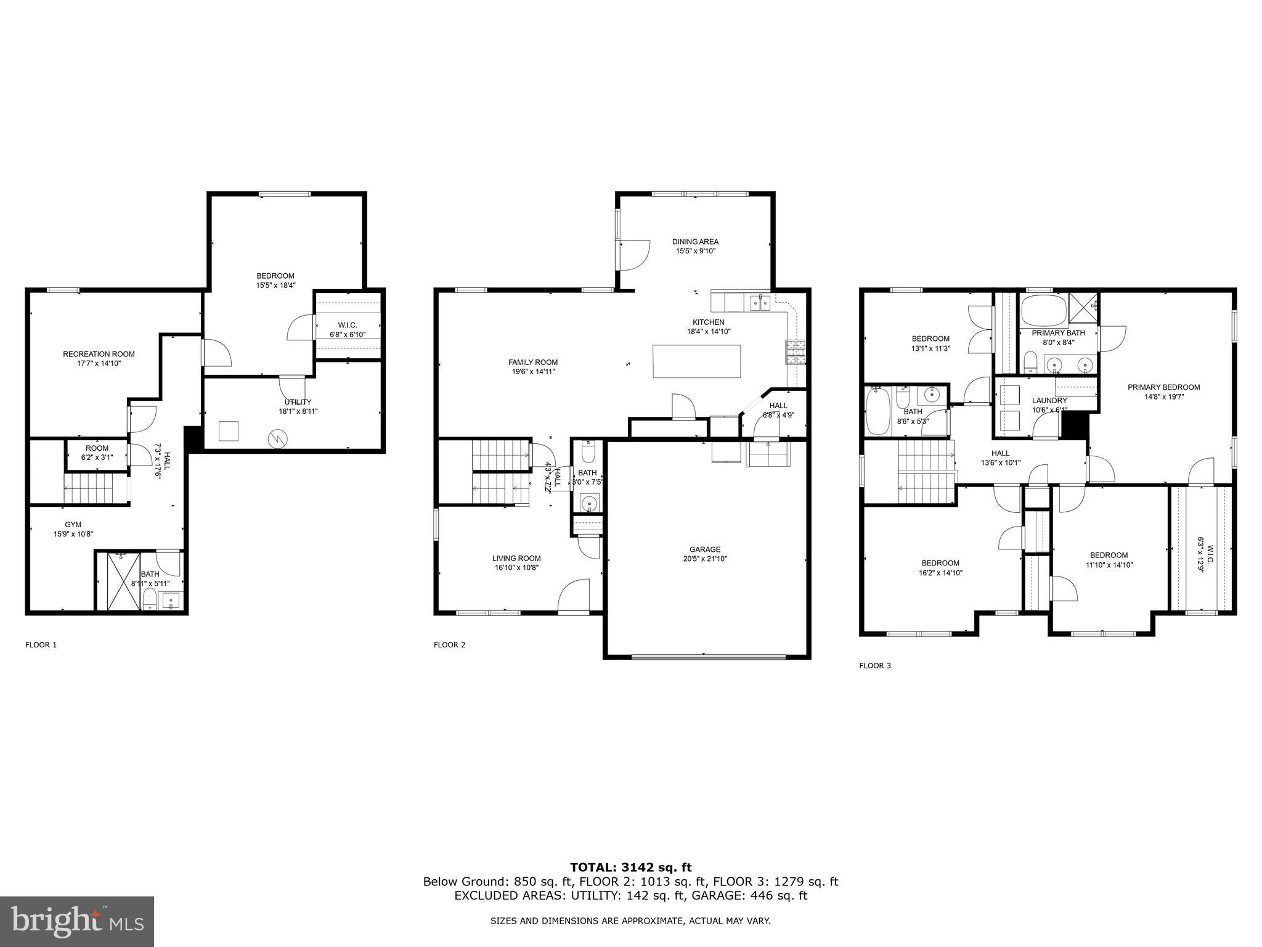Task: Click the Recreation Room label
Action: click(99, 354)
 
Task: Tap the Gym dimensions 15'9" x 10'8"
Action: click(73, 535)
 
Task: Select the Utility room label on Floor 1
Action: click(298, 402)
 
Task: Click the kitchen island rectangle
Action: click(696, 361)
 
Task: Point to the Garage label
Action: click(704, 549)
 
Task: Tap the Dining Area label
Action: click(695, 242)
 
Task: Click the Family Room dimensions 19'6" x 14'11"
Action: click(532, 372)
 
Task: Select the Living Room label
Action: click(516, 558)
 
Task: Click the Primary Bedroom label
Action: click(1163, 387)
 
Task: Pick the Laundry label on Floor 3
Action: click(1049, 401)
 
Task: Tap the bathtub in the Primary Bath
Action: click(1044, 310)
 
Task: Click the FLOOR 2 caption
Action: click(449, 645)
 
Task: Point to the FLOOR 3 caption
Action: click(875, 665)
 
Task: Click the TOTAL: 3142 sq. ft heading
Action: click(630, 867)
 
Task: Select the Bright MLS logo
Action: click(77, 921)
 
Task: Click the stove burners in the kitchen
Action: click(796, 353)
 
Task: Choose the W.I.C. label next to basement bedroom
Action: click(348, 325)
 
